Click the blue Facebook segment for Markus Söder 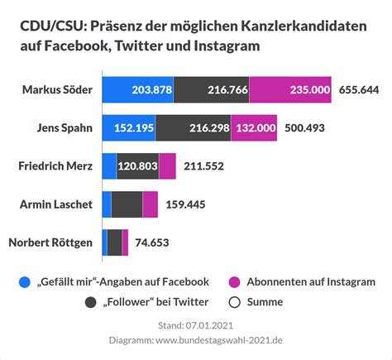(x=137, y=89)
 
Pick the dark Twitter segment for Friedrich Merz (x=137, y=166)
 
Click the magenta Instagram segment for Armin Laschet (x=150, y=204)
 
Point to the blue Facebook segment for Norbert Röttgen (x=104, y=242)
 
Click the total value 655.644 (x=359, y=89)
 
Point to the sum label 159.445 (x=188, y=204)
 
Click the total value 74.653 (x=156, y=242)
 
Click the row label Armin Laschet (x=57, y=204)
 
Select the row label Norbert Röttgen (x=50, y=242)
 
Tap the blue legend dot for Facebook (x=25, y=282)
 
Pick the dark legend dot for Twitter (x=89, y=302)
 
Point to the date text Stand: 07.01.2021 (x=196, y=324)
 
